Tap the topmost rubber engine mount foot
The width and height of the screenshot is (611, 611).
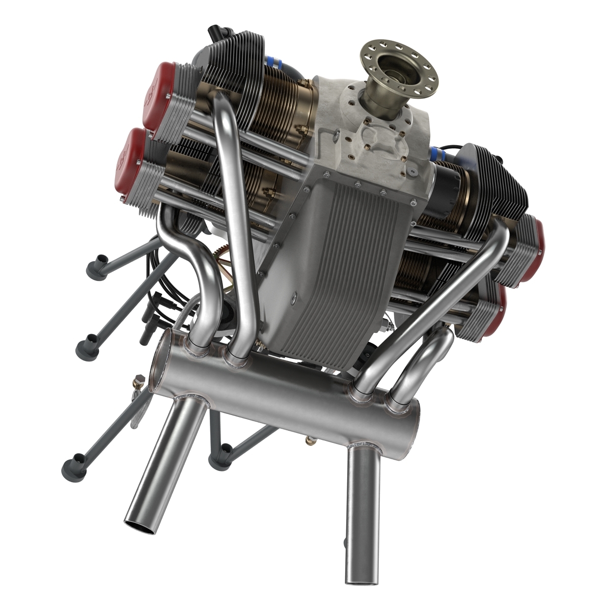point(96,268)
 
